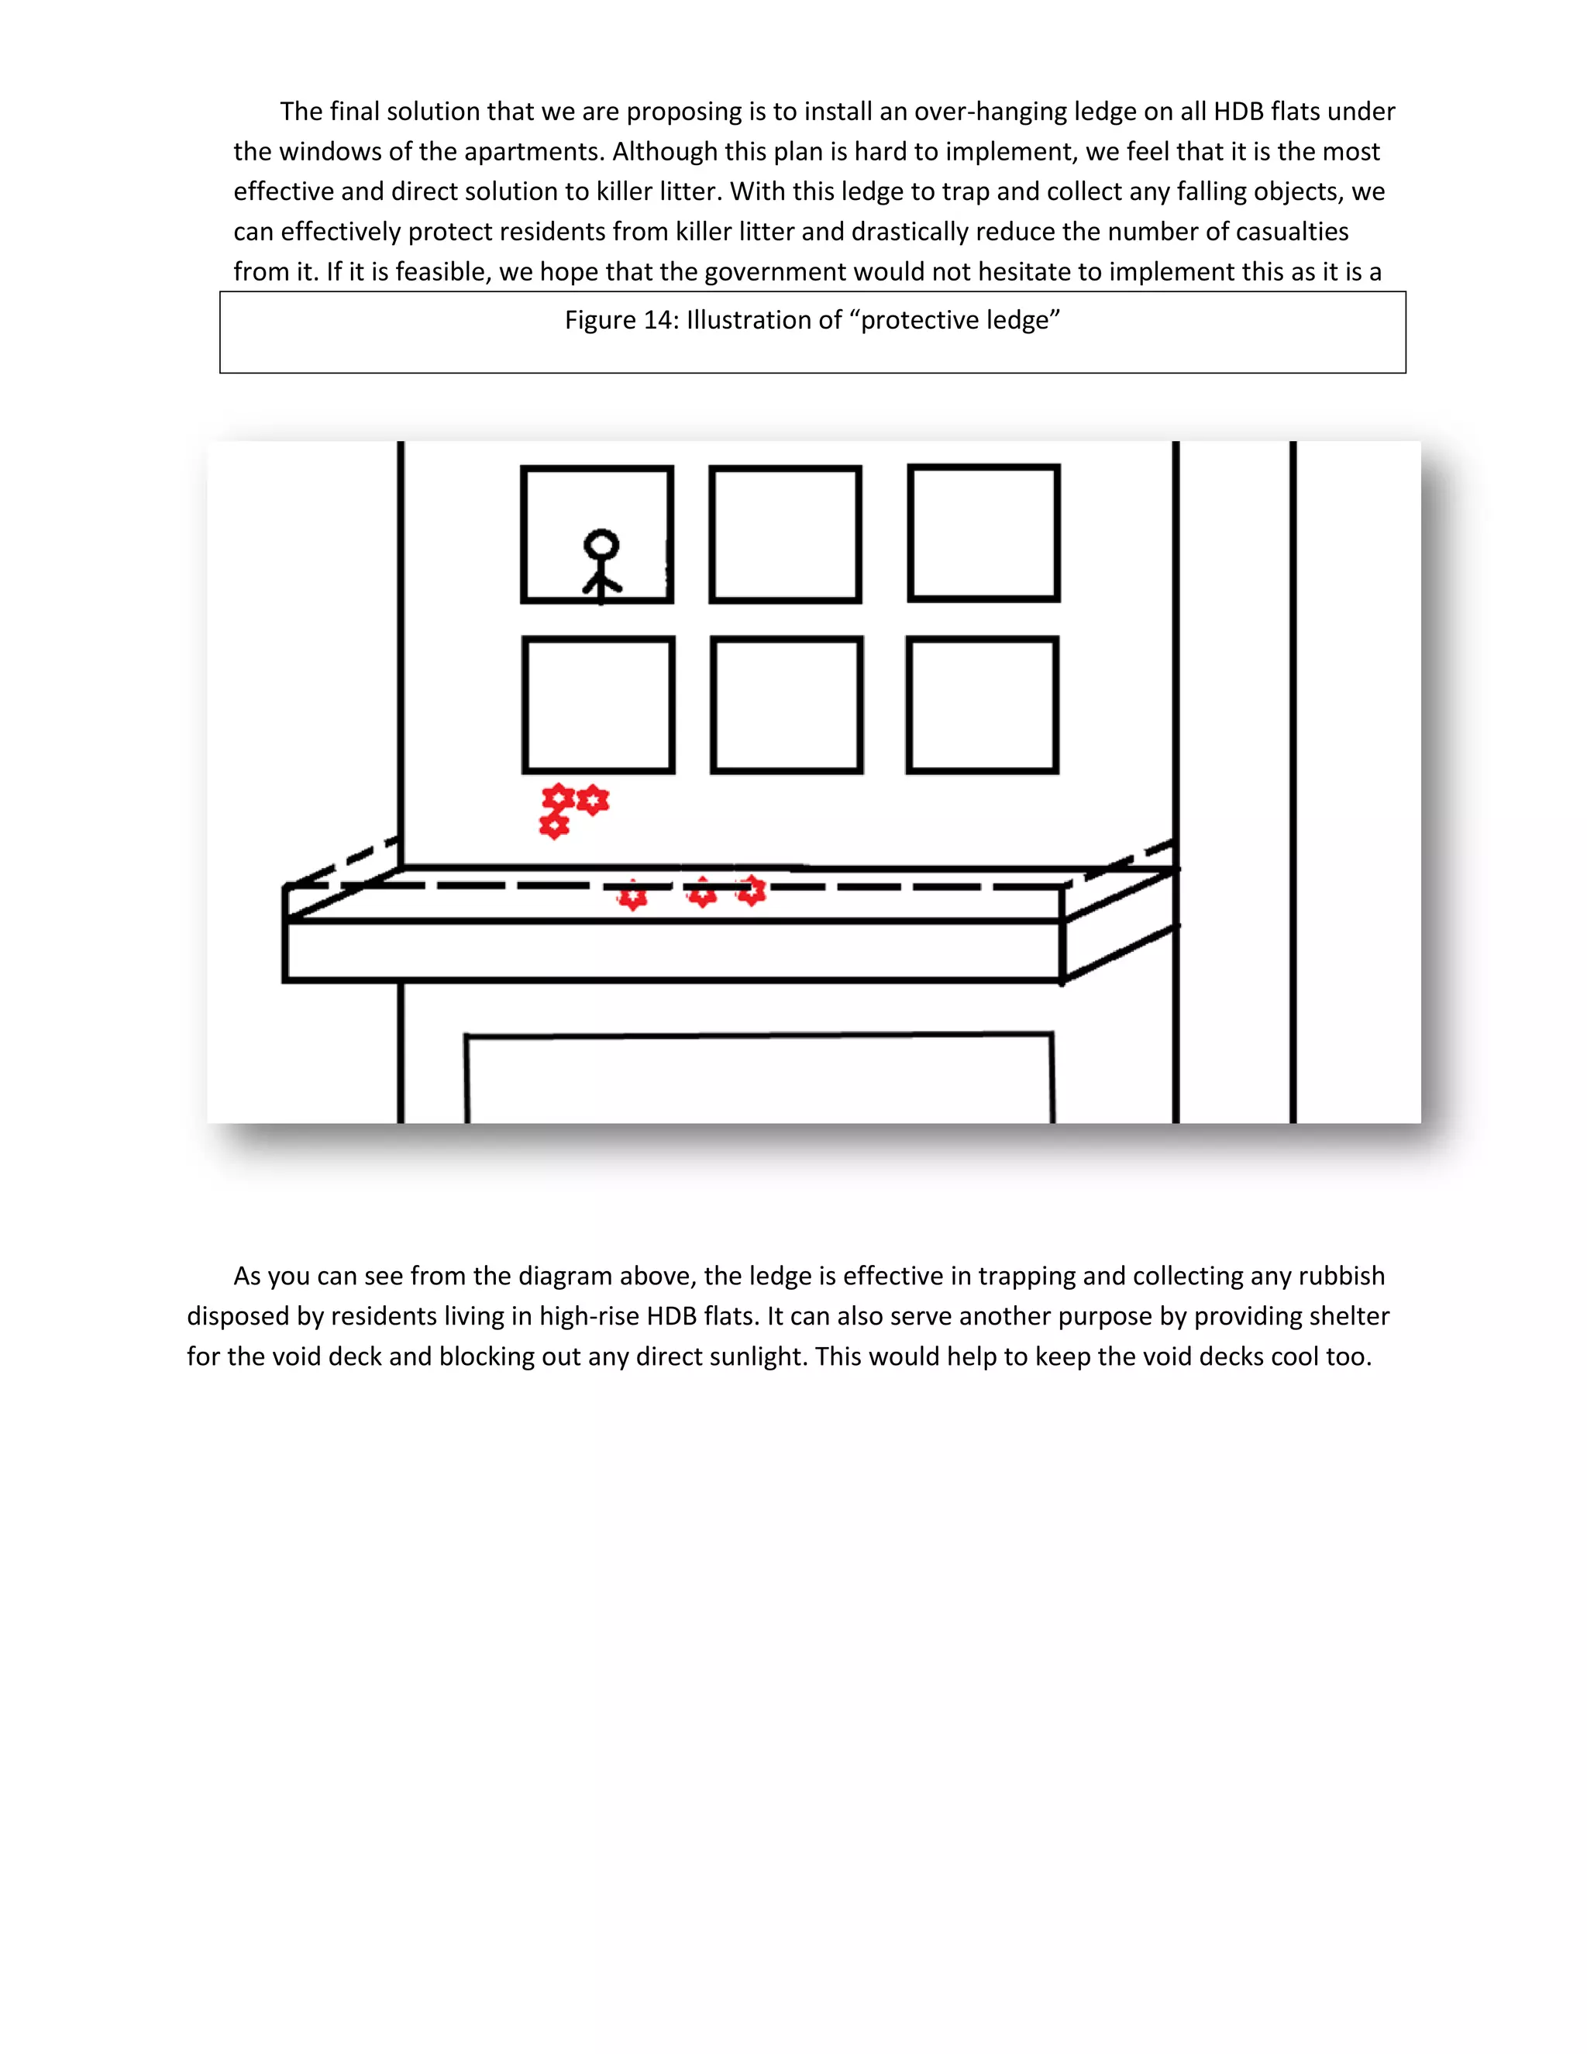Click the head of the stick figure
pos(601,546)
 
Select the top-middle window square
pos(785,534)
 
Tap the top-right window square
pos(983,532)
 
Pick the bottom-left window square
pos(598,705)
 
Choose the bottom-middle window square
pos(787,705)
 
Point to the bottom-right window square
pos(983,705)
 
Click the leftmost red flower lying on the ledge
pos(633,895)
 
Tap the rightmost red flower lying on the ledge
pos(751,890)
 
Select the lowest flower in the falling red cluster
pos(554,825)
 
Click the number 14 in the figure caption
pos(658,321)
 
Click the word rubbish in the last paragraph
pos(1341,1277)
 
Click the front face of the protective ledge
pos(672,951)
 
